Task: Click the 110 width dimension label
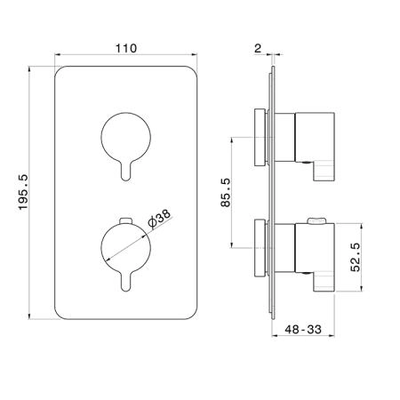(x=126, y=48)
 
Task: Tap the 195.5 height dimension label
(x=23, y=192)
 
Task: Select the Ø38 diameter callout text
(x=159, y=220)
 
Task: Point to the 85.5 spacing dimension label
(x=225, y=192)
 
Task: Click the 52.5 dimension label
(x=355, y=257)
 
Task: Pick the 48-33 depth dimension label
(x=303, y=329)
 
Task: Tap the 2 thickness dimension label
(x=258, y=48)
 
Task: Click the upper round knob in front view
(x=126, y=137)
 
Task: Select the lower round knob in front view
(x=126, y=248)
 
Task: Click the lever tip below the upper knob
(x=125, y=177)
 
